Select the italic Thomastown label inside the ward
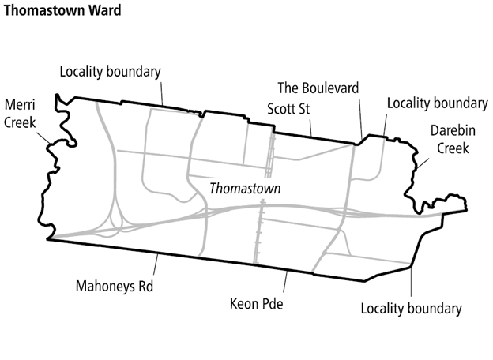click(245, 189)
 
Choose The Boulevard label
click(318, 87)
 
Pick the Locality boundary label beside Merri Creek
click(111, 71)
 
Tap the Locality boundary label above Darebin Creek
click(437, 103)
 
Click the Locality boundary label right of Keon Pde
click(410, 308)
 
